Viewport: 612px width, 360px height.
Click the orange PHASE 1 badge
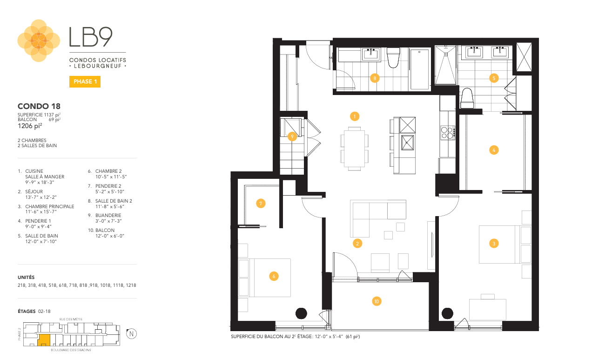point(85,82)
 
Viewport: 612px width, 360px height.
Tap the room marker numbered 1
point(355,115)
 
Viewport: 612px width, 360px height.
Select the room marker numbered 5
point(494,78)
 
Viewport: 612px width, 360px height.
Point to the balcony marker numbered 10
point(377,301)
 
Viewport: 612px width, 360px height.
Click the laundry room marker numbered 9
point(292,136)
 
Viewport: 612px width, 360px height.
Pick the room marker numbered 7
point(261,203)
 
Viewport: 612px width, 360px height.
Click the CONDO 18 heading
point(39,107)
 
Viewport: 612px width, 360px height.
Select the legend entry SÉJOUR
point(34,191)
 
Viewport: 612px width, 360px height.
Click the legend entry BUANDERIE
point(105,215)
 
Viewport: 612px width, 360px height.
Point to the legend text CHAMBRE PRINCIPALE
point(50,206)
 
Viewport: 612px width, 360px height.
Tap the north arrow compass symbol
point(132,333)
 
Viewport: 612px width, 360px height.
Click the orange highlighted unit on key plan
point(44,340)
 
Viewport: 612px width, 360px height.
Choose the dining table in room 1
point(354,148)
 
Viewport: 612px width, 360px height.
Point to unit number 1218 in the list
point(130,285)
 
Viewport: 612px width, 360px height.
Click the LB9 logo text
point(91,37)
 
